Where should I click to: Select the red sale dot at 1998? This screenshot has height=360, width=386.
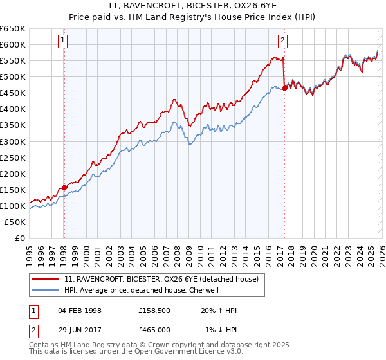pyautogui.click(x=64, y=187)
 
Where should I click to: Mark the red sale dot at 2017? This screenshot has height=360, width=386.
pyautogui.click(x=284, y=88)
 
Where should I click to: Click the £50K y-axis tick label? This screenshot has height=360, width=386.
pyautogui.click(x=15, y=222)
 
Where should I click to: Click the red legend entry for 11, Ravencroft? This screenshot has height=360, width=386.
pyautogui.click(x=161, y=279)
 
